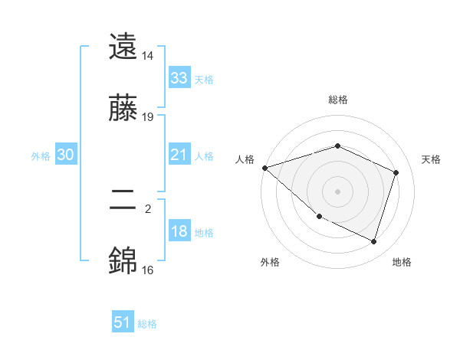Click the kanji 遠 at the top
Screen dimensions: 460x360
pos(123,48)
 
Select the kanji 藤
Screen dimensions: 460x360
pos(123,109)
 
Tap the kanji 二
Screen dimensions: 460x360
pos(123,201)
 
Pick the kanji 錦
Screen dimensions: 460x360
pos(123,261)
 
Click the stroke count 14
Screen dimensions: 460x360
pos(148,56)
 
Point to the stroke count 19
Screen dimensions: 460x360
pos(148,117)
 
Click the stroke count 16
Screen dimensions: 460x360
pos(148,270)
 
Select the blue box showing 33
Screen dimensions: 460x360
pos(179,78)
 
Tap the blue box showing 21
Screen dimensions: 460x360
pos(179,155)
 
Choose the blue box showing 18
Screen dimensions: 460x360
pos(179,231)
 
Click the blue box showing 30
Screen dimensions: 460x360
pos(66,155)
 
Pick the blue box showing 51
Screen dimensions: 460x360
pos(123,322)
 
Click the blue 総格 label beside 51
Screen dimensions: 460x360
pos(147,324)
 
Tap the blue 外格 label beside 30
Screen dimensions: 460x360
pos(41,156)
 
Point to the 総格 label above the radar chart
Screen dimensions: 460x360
pos(337,100)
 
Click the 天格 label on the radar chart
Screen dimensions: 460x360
pos(432,159)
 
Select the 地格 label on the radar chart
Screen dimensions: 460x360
pos(402,262)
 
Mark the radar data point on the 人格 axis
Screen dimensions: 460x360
pos(264,168)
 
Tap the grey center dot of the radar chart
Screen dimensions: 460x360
pos(337,191)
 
